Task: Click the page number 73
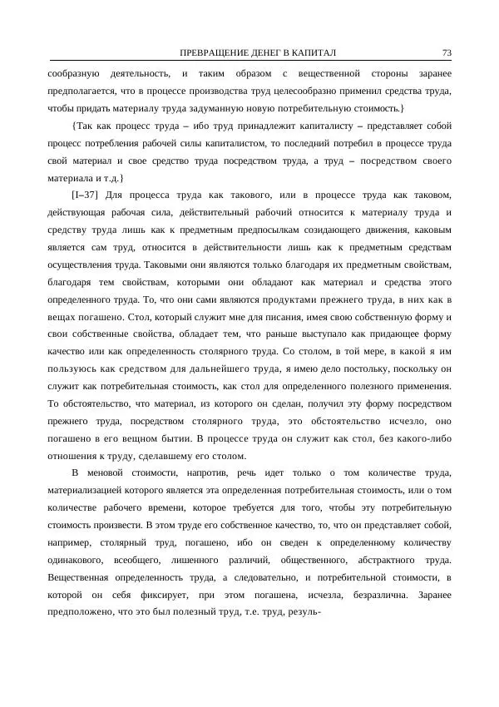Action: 447,53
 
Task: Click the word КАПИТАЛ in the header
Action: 312,53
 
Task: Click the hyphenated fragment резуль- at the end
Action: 303,613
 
